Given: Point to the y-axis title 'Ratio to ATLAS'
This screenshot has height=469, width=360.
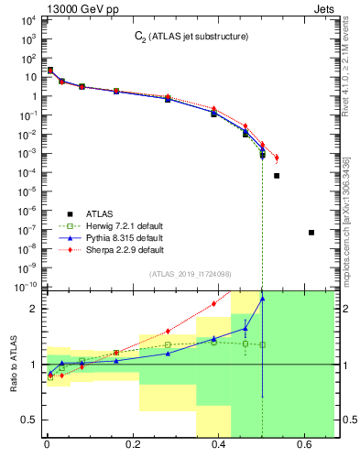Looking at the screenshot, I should click(x=13, y=363).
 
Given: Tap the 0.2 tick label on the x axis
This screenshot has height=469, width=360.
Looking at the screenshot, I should click(x=133, y=447).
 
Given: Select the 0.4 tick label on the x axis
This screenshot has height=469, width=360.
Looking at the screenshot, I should click(x=219, y=447).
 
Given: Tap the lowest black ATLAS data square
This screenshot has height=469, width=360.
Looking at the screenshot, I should click(x=311, y=233).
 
